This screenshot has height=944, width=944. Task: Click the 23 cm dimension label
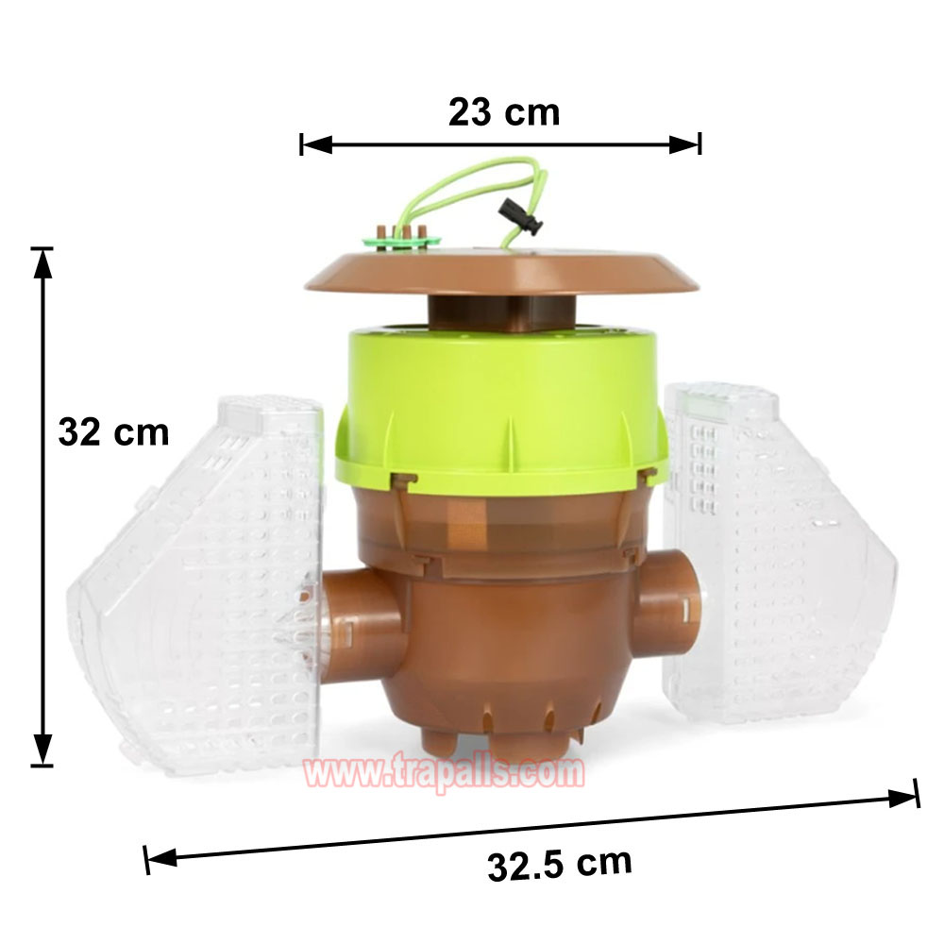click(504, 112)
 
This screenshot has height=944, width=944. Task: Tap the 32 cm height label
click(113, 432)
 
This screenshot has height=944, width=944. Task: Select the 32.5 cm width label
click(560, 864)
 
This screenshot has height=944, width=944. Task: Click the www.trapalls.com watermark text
click(445, 772)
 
